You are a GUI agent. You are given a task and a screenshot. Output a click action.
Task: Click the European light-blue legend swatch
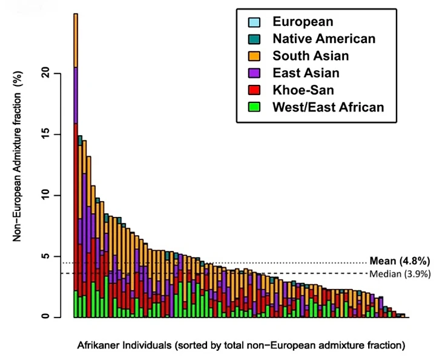254,22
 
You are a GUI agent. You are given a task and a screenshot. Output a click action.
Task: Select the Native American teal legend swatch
254,39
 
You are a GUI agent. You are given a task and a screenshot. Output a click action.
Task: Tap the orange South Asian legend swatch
254,56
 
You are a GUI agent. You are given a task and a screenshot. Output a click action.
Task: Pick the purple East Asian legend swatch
254,73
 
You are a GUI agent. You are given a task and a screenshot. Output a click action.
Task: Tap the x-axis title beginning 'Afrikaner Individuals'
240,346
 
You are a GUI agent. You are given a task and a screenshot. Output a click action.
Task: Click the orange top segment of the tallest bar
76,40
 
